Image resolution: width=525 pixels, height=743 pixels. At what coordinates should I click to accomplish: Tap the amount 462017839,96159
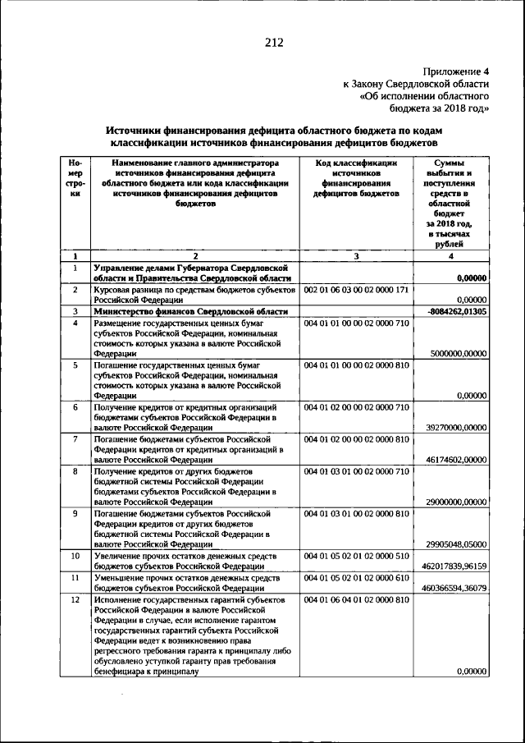click(454, 566)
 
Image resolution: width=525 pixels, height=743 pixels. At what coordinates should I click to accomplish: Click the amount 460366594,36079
click(454, 588)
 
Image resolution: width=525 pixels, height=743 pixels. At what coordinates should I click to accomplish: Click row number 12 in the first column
click(75, 600)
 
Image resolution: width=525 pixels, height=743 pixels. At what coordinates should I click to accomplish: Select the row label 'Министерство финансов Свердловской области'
click(190, 312)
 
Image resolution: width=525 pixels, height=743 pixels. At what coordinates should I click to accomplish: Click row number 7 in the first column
click(75, 439)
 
